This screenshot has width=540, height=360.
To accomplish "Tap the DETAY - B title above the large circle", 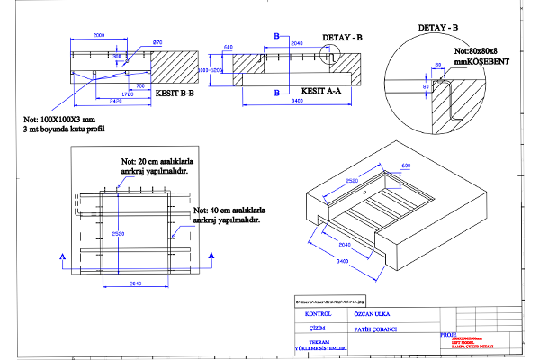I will point(439,28).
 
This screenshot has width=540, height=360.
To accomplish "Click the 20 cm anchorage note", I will point(160,165).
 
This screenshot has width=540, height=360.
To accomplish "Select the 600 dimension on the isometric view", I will point(406,166).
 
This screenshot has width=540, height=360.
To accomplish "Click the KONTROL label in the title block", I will point(319,314).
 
